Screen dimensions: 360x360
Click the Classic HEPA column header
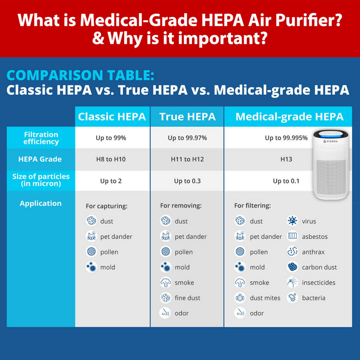(x=112, y=117)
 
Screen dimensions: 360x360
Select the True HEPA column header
(x=187, y=117)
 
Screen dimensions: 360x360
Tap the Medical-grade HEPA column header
(x=289, y=117)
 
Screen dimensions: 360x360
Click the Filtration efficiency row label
(x=41, y=138)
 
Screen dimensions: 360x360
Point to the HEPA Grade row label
(x=40, y=159)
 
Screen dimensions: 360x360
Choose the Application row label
(x=40, y=203)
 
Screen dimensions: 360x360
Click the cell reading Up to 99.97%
(x=187, y=138)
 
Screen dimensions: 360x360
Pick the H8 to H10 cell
(x=111, y=159)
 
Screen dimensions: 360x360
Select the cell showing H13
(x=286, y=159)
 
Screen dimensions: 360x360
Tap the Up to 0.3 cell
(x=187, y=181)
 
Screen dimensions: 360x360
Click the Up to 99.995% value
(x=286, y=138)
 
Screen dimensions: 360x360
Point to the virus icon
(x=292, y=221)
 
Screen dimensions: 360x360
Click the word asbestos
(x=315, y=237)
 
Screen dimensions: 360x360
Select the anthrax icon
(x=292, y=252)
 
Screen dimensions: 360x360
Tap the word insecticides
(x=319, y=283)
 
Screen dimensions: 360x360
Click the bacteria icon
(x=292, y=298)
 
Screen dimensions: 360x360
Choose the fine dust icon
(x=165, y=298)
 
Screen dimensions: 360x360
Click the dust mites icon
(x=240, y=298)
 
